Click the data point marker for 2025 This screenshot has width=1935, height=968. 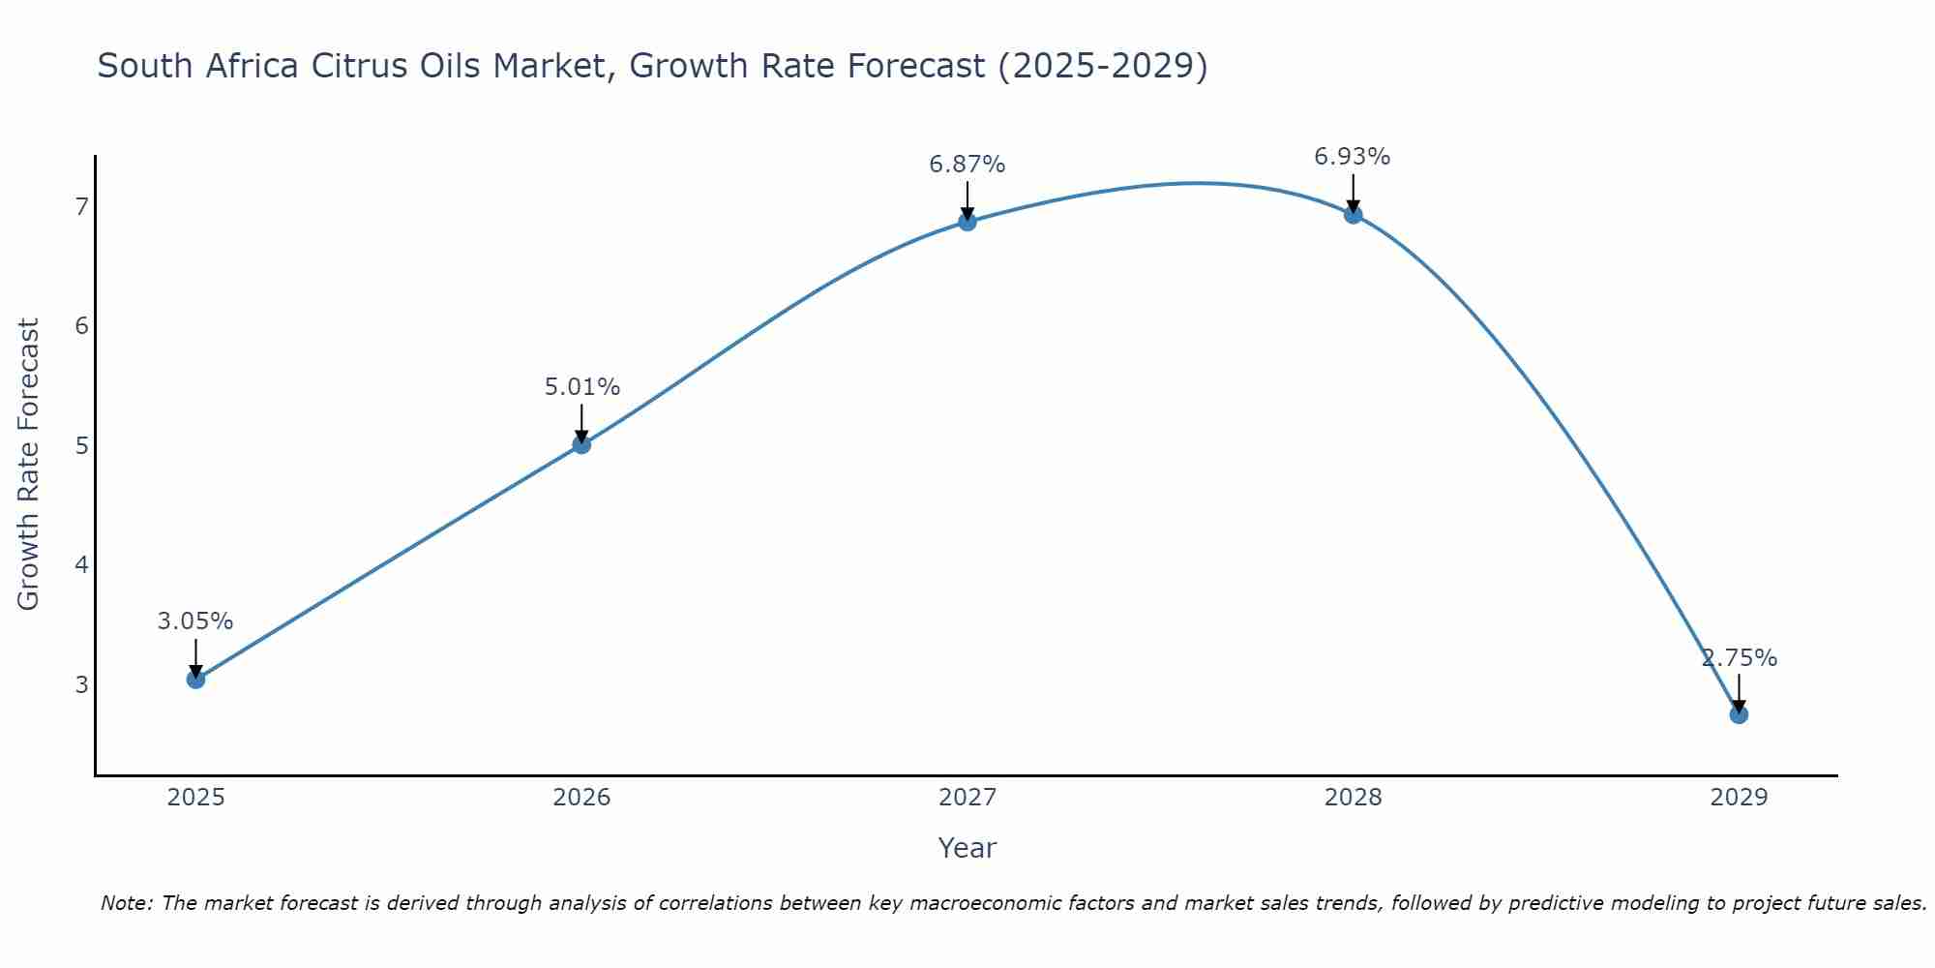click(x=195, y=680)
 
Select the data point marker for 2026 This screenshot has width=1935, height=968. click(x=581, y=444)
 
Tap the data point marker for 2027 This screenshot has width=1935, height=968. click(x=967, y=222)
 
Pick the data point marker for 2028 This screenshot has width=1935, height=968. click(x=1353, y=214)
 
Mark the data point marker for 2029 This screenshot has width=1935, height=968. click(x=1739, y=714)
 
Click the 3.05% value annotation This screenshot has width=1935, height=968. click(x=195, y=621)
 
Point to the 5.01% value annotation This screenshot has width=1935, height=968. click(x=581, y=387)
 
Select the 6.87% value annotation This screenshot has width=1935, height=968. click(x=967, y=165)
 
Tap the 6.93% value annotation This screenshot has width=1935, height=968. click(x=1353, y=157)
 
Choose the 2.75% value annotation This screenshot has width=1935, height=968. click(x=1739, y=658)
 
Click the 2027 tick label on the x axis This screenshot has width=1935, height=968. click(x=967, y=798)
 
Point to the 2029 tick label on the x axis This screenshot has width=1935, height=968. click(x=1739, y=798)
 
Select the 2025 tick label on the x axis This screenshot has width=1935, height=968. click(x=195, y=798)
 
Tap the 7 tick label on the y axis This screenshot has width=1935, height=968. click(x=81, y=206)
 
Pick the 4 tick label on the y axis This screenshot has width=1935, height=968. click(x=81, y=564)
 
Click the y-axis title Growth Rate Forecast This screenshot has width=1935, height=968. click(x=29, y=465)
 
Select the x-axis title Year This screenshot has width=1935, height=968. click(x=967, y=848)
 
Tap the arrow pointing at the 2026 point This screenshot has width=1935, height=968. click(x=581, y=423)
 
